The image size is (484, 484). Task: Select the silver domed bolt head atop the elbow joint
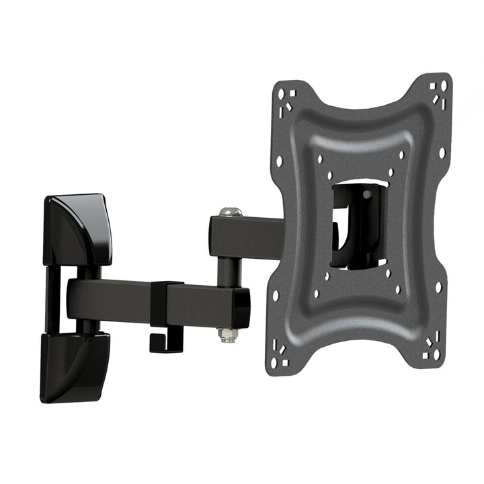[230, 212]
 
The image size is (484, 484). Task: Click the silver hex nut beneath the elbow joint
[228, 334]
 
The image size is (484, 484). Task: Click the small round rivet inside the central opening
[366, 194]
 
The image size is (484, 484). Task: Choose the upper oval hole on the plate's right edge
[442, 153]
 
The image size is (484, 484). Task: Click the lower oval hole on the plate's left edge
[276, 295]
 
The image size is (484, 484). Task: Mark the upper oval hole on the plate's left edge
[280, 161]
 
